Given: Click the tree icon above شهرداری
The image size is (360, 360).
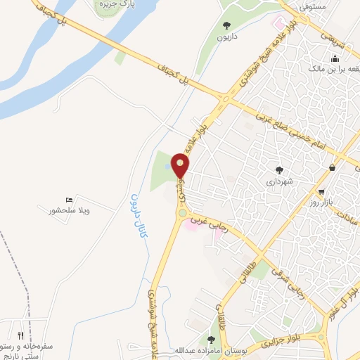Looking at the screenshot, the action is click(x=280, y=169).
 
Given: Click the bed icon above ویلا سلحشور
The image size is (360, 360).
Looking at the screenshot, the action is click(x=68, y=200).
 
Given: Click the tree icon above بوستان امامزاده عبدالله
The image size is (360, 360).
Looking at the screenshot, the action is click(x=210, y=340).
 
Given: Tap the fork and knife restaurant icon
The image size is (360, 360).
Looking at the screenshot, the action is click(x=20, y=335).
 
